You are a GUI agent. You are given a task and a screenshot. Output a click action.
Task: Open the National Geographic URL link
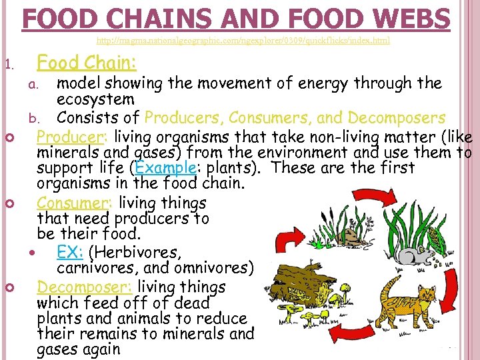click(x=247, y=41)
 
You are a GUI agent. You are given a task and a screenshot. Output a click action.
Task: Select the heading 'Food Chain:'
click(x=87, y=63)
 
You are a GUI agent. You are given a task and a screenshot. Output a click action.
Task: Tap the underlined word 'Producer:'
click(x=73, y=137)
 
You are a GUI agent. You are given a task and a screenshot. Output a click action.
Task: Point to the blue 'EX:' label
click(x=71, y=252)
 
